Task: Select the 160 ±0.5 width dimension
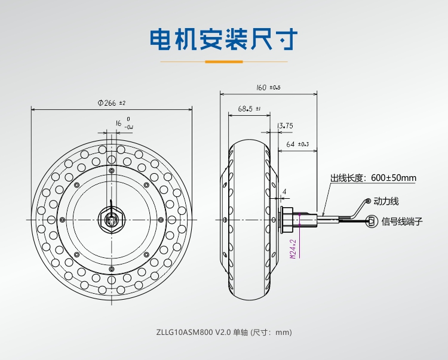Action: (268, 87)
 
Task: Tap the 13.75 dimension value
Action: (286, 125)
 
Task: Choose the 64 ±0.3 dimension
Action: (297, 144)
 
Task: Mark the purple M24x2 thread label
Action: (293, 248)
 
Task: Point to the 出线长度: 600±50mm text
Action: (373, 178)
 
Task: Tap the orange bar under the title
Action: (224, 61)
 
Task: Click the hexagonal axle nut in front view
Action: (112, 219)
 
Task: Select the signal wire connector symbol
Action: (372, 221)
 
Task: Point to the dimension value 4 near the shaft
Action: (284, 192)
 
